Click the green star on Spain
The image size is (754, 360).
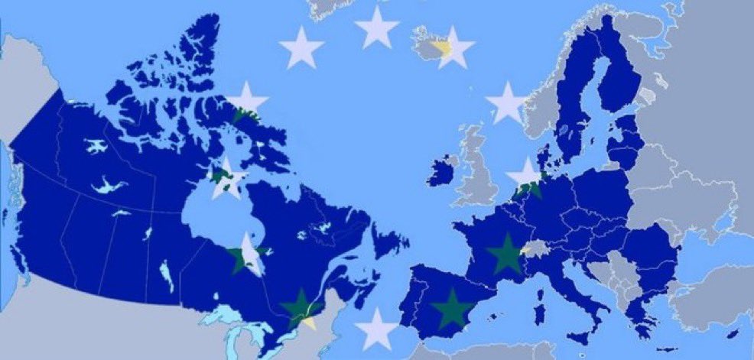452,308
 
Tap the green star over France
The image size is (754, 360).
505,254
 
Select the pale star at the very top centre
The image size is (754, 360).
377,28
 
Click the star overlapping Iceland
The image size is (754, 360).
453,47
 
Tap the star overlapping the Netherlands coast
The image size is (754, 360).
526,178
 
